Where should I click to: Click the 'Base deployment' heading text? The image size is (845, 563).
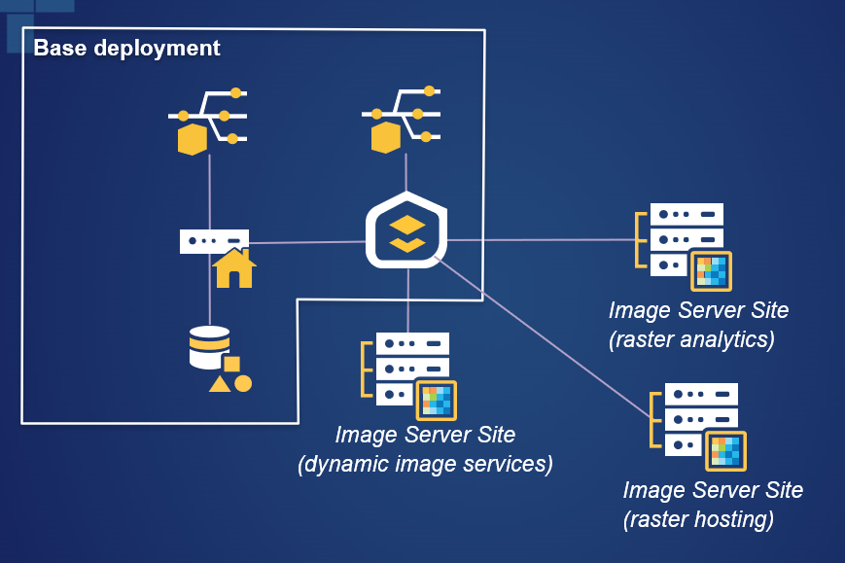click(x=126, y=48)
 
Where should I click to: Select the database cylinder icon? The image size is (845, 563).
click(x=209, y=347)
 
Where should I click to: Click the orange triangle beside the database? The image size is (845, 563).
click(x=220, y=384)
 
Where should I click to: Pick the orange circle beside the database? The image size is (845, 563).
click(x=243, y=383)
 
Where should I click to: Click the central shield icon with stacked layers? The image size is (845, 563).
click(x=407, y=231)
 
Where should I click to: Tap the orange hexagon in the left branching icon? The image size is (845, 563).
click(x=193, y=139)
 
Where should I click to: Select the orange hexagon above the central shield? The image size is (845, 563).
click(x=386, y=138)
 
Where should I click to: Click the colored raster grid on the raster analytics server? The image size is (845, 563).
click(x=710, y=271)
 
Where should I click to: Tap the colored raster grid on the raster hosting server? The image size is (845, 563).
click(x=724, y=451)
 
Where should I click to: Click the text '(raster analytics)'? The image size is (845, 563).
click(x=691, y=339)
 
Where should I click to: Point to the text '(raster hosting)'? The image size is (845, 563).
click(x=698, y=519)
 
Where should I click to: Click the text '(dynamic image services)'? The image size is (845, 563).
click(x=425, y=464)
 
